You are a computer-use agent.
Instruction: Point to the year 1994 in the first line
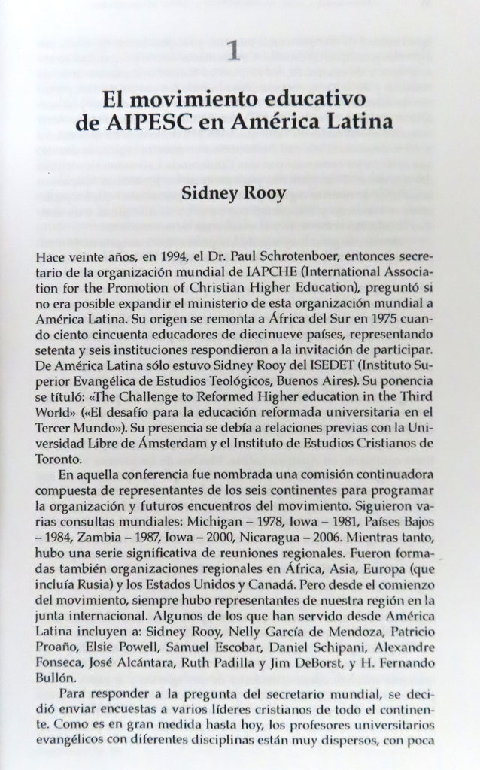tap(158, 256)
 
